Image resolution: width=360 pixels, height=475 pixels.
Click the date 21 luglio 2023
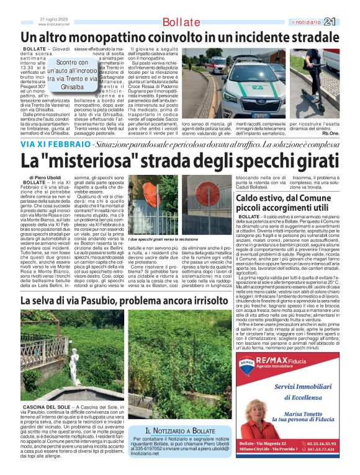[x=53, y=19]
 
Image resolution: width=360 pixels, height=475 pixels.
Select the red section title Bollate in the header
[x=179, y=23]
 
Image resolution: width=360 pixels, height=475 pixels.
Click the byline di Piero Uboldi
[x=44, y=178]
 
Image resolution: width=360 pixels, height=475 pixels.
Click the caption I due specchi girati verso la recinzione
[x=166, y=239]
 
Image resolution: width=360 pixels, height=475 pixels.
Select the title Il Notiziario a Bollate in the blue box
[x=180, y=431]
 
